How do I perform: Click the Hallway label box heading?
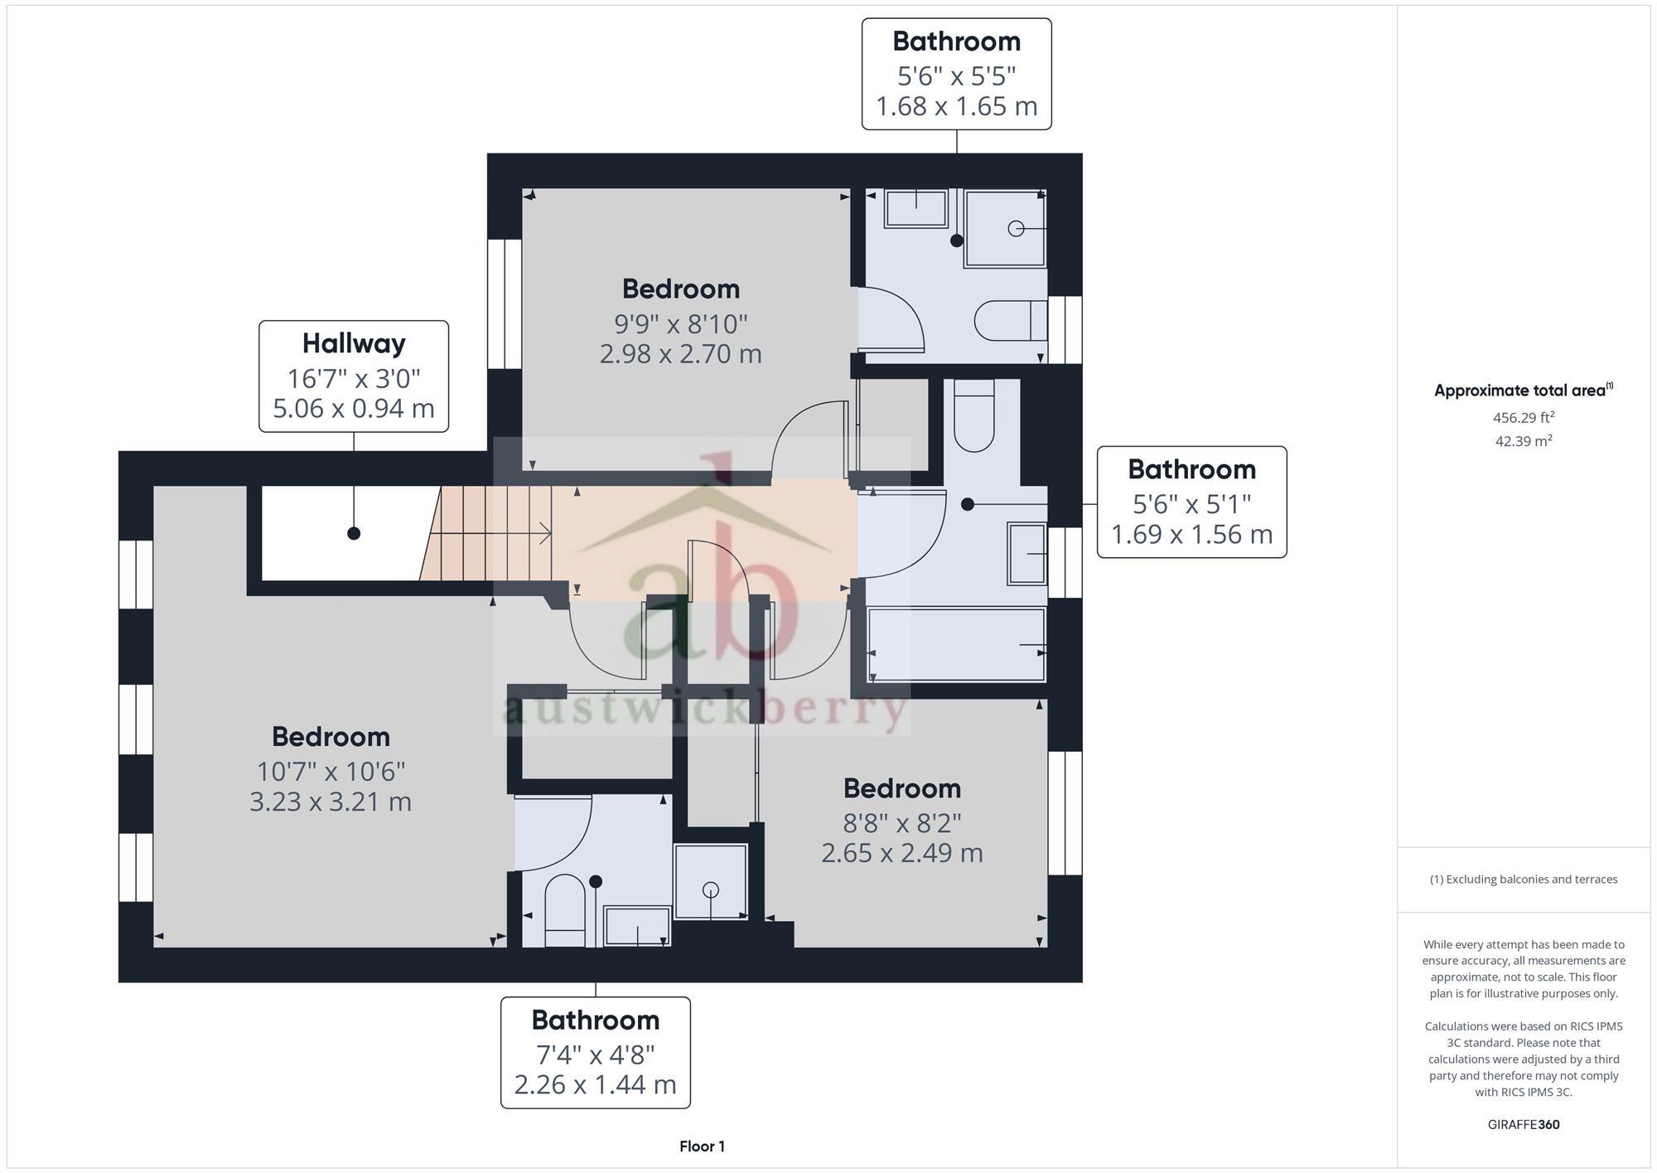pos(354,343)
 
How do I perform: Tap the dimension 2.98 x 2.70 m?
pos(680,354)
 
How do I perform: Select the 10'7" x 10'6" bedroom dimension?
pos(331,771)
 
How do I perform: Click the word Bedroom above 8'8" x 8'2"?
pos(901,788)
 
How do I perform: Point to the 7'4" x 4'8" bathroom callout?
pos(595,1052)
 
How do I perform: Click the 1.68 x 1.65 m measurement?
pos(956,106)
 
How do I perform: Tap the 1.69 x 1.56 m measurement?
pos(1191,535)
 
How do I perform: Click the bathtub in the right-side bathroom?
pos(956,645)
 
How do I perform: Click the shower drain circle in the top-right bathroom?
pos(1016,229)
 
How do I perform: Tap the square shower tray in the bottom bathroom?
pos(711,882)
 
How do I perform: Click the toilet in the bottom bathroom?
pos(565,910)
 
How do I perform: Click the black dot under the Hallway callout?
pos(354,533)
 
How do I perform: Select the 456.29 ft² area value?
pos(1523,418)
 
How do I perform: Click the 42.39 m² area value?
pos(1523,441)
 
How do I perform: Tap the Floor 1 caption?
pos(702,1146)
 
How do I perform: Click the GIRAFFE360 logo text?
pos(1523,1125)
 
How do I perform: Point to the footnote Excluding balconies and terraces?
pos(1523,880)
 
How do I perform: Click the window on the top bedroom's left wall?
pos(504,303)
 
